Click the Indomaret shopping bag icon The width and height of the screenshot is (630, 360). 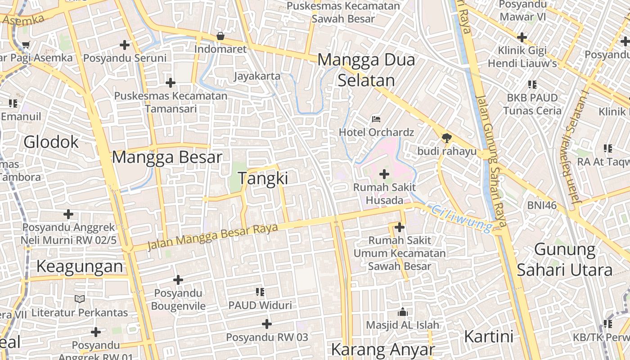pyautogui.click(x=220, y=36)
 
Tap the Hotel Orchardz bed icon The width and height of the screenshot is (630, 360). pyautogui.click(x=376, y=119)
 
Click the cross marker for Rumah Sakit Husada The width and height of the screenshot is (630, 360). pyautogui.click(x=384, y=174)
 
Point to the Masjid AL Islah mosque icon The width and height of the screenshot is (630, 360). pyautogui.click(x=402, y=312)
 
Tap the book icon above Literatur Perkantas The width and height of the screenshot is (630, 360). pyautogui.click(x=80, y=299)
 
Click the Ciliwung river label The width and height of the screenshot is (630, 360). pyautogui.click(x=462, y=218)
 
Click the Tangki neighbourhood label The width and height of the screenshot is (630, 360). pyautogui.click(x=263, y=179)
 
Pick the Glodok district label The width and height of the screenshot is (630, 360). pyautogui.click(x=51, y=142)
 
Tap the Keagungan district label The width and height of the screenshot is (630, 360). pyautogui.click(x=80, y=266)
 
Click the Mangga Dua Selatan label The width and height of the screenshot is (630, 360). pyautogui.click(x=366, y=70)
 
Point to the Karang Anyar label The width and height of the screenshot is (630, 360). pyautogui.click(x=383, y=350)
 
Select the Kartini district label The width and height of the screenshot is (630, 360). pyautogui.click(x=489, y=337)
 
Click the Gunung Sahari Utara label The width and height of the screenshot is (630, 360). pyautogui.click(x=565, y=260)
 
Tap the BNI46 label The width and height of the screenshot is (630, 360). pyautogui.click(x=542, y=206)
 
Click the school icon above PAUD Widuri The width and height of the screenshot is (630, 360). pyautogui.click(x=260, y=292)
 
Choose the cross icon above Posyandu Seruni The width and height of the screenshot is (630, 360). pyautogui.click(x=125, y=45)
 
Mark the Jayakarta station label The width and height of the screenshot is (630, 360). pyautogui.click(x=257, y=76)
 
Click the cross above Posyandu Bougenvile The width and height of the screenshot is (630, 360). pyautogui.click(x=178, y=280)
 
